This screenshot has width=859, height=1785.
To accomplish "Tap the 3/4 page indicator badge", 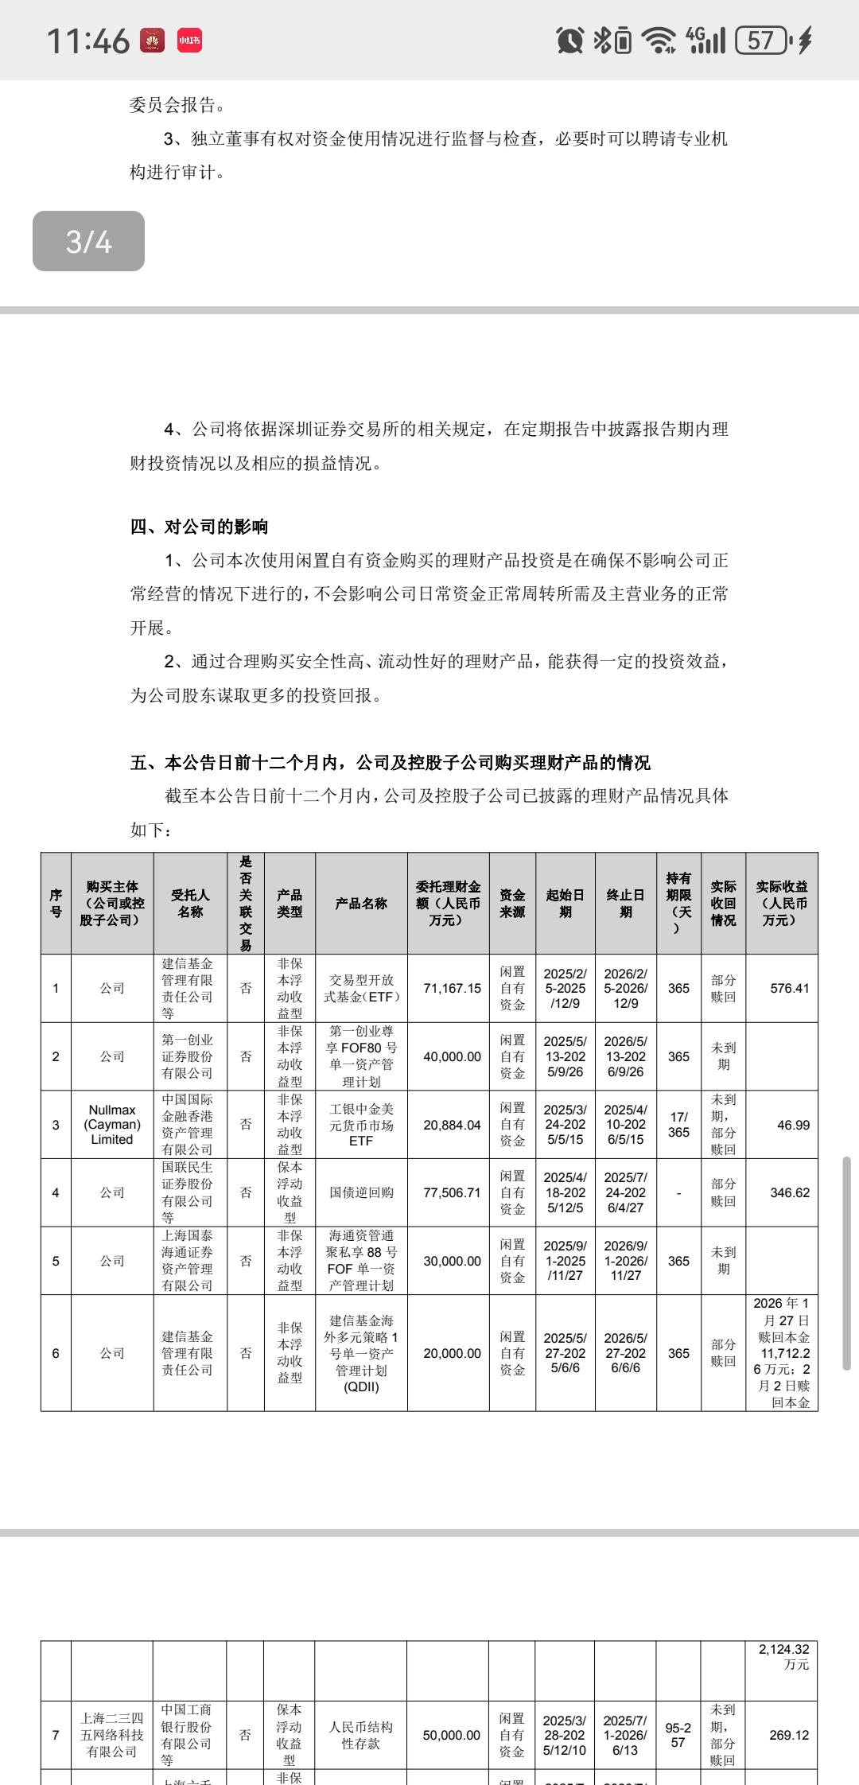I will pyautogui.click(x=88, y=241).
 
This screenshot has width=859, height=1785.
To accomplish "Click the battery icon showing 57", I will pyautogui.click(x=761, y=40).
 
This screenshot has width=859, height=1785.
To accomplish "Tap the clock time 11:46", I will pyautogui.click(x=87, y=41).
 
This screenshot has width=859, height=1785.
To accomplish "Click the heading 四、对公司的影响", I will pyautogui.click(x=199, y=527).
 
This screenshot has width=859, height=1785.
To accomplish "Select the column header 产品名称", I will pyautogui.click(x=361, y=904).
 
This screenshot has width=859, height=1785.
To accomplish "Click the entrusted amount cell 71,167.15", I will pyautogui.click(x=452, y=988).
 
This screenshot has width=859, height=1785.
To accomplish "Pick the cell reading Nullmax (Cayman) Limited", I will pyautogui.click(x=112, y=1125).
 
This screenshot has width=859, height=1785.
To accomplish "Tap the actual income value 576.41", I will pyautogui.click(x=789, y=988).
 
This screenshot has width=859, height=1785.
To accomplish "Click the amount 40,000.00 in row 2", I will pyautogui.click(x=452, y=1056).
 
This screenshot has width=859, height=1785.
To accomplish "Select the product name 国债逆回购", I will pyautogui.click(x=361, y=1192).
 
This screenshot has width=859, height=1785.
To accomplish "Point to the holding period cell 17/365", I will pyautogui.click(x=678, y=1125).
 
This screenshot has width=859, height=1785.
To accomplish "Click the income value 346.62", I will pyautogui.click(x=789, y=1192).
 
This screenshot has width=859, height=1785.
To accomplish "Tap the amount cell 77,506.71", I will pyautogui.click(x=452, y=1192).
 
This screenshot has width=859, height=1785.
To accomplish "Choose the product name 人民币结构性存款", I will pyautogui.click(x=361, y=1735).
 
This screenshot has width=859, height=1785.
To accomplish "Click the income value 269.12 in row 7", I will pyautogui.click(x=789, y=1735).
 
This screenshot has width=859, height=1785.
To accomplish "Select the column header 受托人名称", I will pyautogui.click(x=190, y=904).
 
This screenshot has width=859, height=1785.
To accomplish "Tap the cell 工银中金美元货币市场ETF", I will pyautogui.click(x=361, y=1125).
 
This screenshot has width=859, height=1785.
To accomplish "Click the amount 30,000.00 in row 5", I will pyautogui.click(x=452, y=1261).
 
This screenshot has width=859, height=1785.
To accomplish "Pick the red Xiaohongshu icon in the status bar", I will pyautogui.click(x=189, y=40).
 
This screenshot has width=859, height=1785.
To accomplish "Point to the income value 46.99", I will pyautogui.click(x=793, y=1125).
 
